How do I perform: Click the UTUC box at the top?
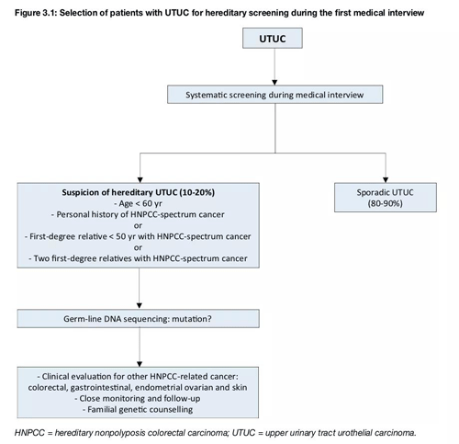[273, 39]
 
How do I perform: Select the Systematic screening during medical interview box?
[274, 95]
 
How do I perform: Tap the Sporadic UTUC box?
[386, 198]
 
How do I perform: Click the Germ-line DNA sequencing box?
[138, 319]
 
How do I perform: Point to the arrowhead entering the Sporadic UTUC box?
[386, 180]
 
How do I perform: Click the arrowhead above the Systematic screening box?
[274, 83]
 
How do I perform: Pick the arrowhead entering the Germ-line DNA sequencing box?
[140, 306]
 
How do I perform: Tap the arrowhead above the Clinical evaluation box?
[140, 364]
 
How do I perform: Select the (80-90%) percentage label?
[385, 203]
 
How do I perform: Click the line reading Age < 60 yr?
[138, 203]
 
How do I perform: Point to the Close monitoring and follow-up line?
[138, 398]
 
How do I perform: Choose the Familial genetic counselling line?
[138, 409]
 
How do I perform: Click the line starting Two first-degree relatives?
[138, 258]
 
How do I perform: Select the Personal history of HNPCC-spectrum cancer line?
[138, 214]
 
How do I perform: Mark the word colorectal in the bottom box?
[48, 388]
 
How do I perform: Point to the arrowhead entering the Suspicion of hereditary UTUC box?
[140, 180]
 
